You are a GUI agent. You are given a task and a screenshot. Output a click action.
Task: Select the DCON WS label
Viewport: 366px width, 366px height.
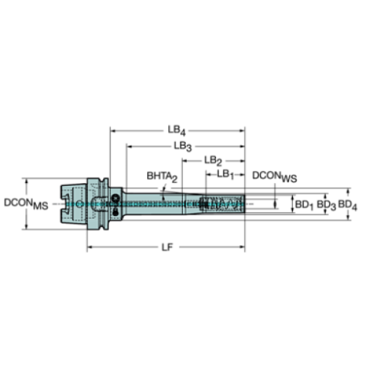[x=275, y=178]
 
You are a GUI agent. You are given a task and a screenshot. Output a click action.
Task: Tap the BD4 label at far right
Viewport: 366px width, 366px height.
[x=347, y=203]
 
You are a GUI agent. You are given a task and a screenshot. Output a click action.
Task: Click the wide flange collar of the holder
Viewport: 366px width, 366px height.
[x=95, y=202]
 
